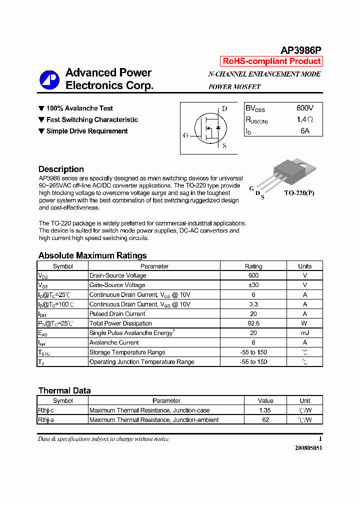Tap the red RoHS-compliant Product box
tap(271, 61)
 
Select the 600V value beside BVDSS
tap(305, 108)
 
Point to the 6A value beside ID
tap(305, 131)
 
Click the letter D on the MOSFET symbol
tap(224, 108)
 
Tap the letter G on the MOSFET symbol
tap(186, 135)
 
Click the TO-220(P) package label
tap(299, 192)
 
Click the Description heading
tap(61, 169)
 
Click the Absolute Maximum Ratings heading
tap(92, 255)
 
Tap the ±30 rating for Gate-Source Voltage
tap(253, 285)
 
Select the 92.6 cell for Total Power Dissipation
tap(253, 323)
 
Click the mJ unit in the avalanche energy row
tap(304, 333)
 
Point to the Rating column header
tap(253, 266)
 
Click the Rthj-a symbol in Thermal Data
tap(46, 420)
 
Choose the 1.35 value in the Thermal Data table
tap(265, 410)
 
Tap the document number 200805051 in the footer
tap(308, 448)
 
